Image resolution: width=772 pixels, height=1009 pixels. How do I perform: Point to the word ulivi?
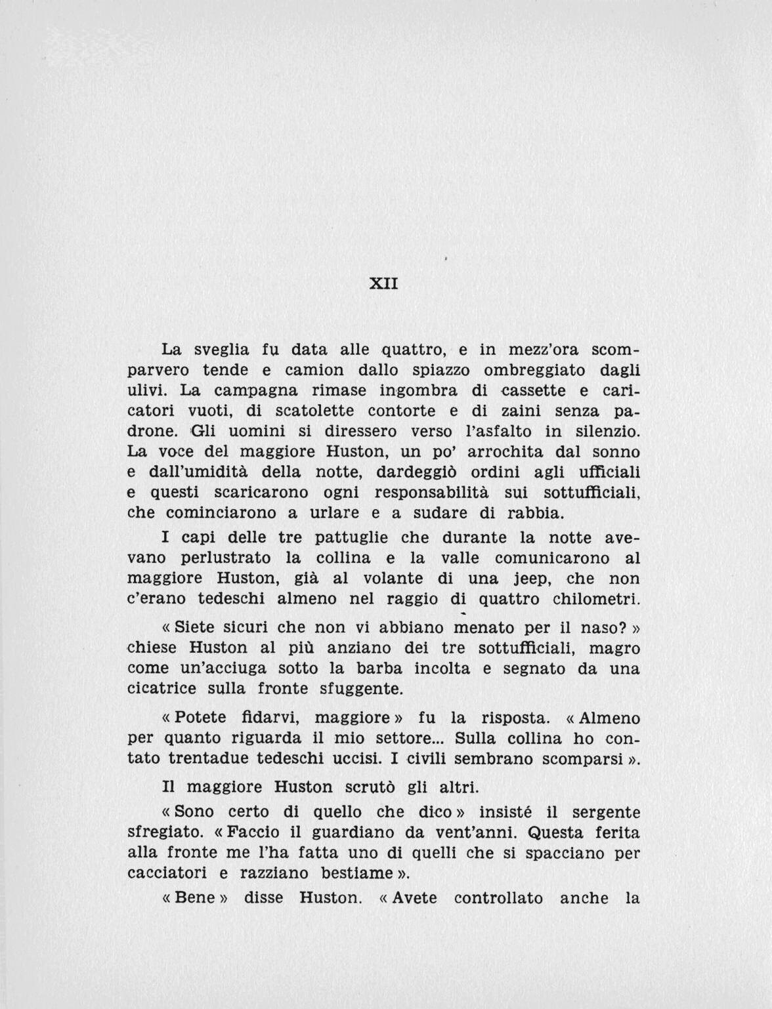pos(146,390)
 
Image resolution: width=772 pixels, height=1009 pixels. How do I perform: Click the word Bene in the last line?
pos(194,897)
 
